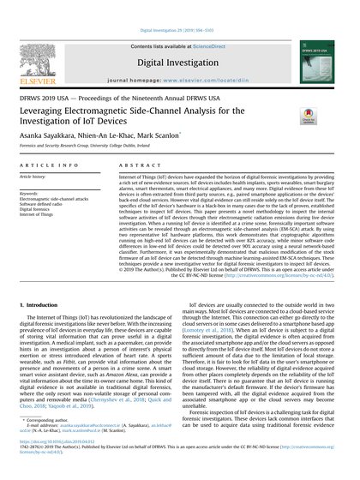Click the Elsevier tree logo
click(x=35, y=45)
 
